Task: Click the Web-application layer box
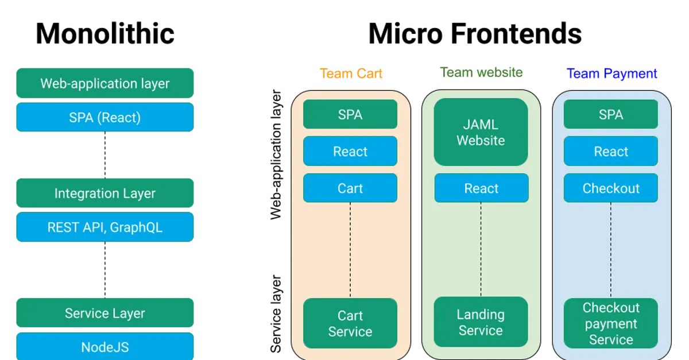(x=105, y=83)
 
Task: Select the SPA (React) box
(x=105, y=118)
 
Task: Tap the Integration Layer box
(x=105, y=193)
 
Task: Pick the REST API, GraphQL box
(x=105, y=227)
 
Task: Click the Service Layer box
(x=105, y=313)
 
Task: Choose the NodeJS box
(x=105, y=346)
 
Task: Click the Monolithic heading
(x=105, y=34)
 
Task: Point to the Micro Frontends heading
(x=474, y=34)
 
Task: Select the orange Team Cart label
(x=351, y=74)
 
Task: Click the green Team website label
(x=481, y=73)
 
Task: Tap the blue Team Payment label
(x=612, y=74)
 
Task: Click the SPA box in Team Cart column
(x=350, y=115)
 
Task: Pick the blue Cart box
(x=350, y=188)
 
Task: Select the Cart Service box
(x=350, y=323)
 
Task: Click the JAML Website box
(x=481, y=133)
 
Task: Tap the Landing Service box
(x=481, y=322)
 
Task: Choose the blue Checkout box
(x=611, y=188)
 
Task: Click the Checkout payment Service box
(x=611, y=323)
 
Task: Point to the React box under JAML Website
(x=481, y=188)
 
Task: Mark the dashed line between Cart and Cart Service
(x=350, y=250)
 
